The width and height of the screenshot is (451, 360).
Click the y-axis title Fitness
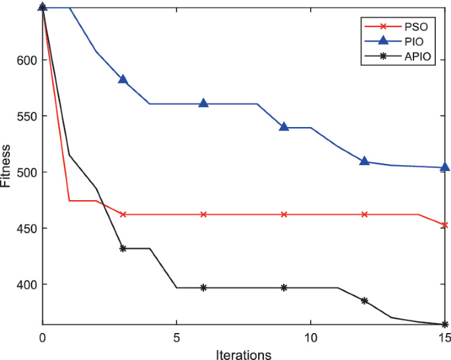(6, 165)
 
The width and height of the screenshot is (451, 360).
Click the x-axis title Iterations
(243, 355)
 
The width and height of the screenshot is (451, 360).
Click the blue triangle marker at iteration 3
(122, 79)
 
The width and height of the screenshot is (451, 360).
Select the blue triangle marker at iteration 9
(284, 126)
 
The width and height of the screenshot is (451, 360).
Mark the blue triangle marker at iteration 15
(445, 167)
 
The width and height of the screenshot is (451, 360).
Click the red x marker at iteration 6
(203, 215)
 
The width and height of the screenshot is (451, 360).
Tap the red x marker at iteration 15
(445, 225)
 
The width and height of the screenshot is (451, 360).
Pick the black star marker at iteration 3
(122, 248)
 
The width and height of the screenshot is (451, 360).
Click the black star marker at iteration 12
(364, 301)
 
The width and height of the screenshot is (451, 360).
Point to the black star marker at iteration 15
(445, 324)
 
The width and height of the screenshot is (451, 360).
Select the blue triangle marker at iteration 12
(364, 161)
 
